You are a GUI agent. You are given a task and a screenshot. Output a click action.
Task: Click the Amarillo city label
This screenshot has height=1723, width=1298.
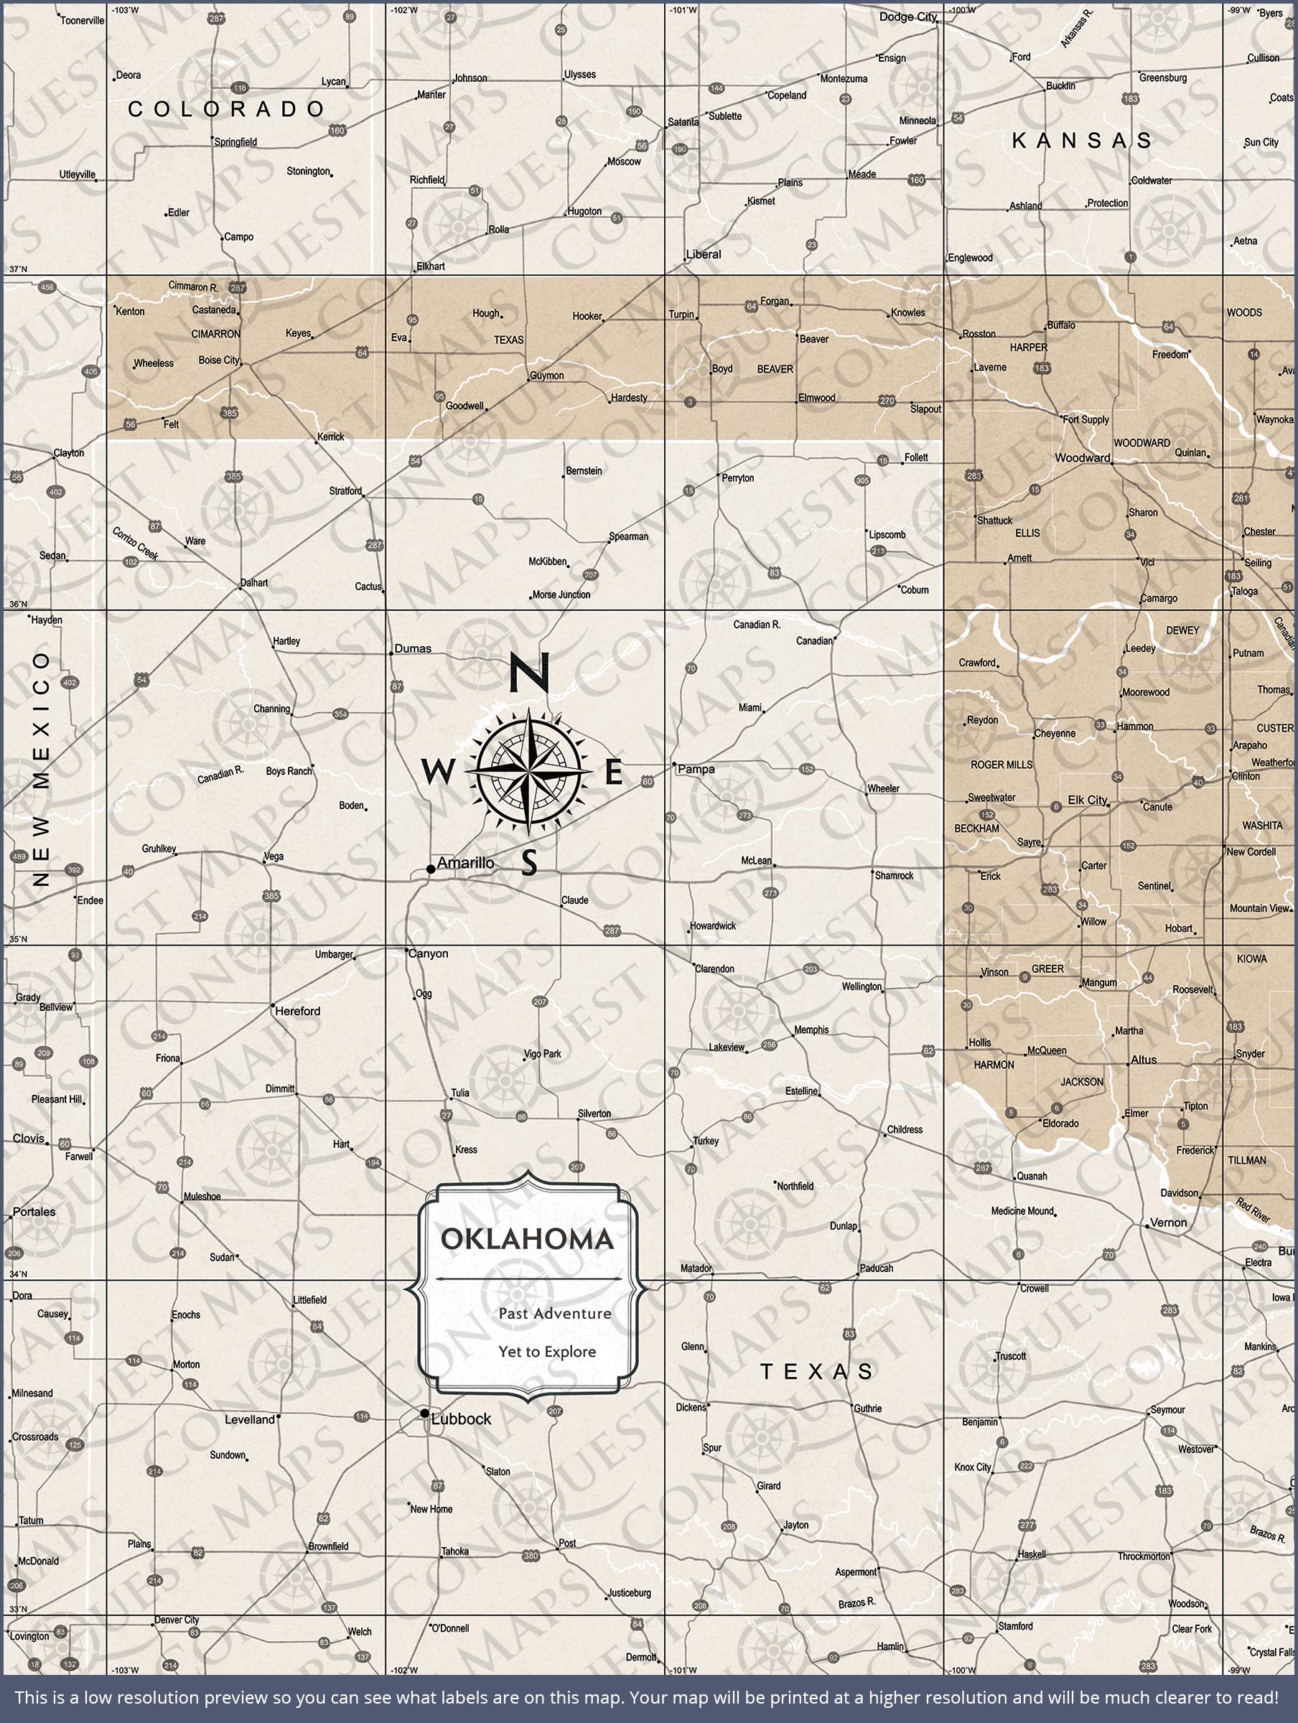tap(465, 863)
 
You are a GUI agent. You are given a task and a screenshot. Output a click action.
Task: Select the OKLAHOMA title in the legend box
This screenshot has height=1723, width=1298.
tap(528, 1239)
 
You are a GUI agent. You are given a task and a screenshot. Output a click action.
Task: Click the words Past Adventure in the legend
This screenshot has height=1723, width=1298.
tap(555, 1313)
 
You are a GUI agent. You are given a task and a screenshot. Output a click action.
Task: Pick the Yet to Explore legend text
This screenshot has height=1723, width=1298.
tap(547, 1351)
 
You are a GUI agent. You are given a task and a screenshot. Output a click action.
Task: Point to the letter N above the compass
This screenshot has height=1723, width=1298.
tap(529, 673)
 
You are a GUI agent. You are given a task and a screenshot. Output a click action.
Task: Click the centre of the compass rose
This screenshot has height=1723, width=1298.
tap(528, 770)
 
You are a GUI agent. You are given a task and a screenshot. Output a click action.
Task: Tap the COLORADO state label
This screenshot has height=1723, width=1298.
tap(226, 109)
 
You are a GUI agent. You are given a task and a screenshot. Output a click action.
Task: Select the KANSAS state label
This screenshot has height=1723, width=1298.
tap(1081, 140)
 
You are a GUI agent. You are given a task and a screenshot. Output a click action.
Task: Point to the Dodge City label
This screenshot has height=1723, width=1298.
tap(907, 17)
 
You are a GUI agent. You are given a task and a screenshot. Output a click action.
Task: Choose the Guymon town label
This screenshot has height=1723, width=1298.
tap(547, 375)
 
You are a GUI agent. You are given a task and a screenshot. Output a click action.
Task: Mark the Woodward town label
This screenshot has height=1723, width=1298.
tap(1082, 458)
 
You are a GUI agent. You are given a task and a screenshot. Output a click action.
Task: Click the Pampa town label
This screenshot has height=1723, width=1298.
tap(696, 769)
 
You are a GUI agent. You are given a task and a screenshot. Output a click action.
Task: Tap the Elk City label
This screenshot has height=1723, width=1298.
tap(1087, 800)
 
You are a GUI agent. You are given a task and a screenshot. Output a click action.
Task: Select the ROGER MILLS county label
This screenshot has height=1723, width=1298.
tap(1001, 765)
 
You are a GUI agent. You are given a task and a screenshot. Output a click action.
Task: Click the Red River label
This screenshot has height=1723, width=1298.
tap(1253, 1210)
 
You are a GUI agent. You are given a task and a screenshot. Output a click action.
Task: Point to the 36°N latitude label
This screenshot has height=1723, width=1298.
tap(17, 604)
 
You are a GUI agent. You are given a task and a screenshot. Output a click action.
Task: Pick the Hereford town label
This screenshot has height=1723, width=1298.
tap(298, 1011)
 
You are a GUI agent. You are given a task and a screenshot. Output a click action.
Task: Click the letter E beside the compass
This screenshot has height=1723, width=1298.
tap(614, 773)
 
